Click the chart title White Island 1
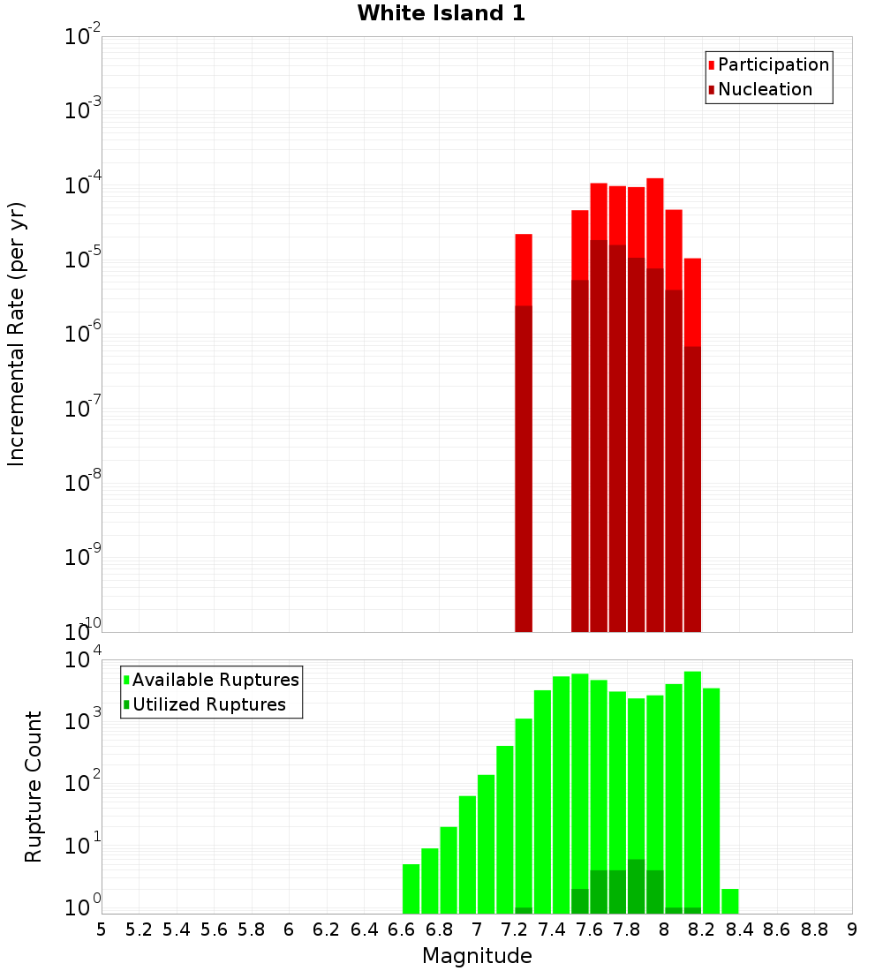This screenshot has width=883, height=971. [x=441, y=13]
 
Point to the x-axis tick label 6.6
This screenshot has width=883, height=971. [x=402, y=930]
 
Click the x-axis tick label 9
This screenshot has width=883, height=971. [x=851, y=930]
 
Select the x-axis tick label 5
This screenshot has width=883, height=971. [x=102, y=930]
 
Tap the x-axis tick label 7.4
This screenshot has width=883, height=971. [x=552, y=930]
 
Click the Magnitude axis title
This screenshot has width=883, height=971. [x=477, y=956]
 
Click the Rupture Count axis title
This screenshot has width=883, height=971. [x=34, y=787]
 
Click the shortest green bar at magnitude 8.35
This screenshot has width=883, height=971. [x=730, y=901]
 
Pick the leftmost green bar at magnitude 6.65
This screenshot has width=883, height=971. [x=411, y=889]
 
